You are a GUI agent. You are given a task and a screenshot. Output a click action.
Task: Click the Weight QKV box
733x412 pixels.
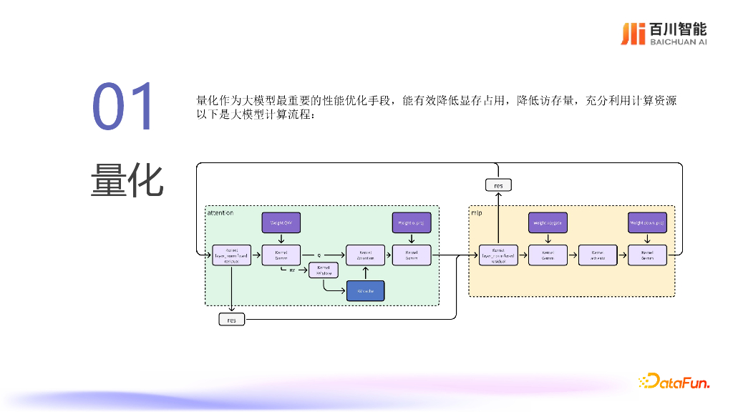[281, 223]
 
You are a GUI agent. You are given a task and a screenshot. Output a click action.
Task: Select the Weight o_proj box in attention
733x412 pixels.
[412, 223]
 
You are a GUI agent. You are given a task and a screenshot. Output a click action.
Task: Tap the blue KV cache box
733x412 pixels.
[365, 290]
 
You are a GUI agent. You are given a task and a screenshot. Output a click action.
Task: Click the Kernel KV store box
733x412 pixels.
[323, 270]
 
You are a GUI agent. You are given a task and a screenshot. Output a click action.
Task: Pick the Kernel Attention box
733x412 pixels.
[365, 255]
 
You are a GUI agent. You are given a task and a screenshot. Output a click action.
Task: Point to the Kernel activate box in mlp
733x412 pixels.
[598, 255]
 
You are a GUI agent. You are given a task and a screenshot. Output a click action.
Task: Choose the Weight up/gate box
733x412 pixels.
[548, 223]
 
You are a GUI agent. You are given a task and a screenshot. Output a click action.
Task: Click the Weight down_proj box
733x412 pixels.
[647, 223]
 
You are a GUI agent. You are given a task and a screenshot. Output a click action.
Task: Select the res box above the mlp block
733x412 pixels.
[498, 185]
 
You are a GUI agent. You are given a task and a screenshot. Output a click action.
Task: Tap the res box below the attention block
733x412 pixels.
[232, 320]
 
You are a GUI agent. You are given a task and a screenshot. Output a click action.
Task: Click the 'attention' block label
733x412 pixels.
[220, 213]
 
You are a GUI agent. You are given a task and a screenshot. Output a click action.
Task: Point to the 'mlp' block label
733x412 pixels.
[476, 213]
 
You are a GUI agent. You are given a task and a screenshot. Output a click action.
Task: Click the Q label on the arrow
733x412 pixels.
[319, 254]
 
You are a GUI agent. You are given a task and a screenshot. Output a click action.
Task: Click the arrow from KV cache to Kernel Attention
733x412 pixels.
[365, 273]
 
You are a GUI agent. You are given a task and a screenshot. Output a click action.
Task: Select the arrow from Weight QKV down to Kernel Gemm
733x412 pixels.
[281, 239]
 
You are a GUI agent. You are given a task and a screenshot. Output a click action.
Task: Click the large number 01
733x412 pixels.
[122, 107]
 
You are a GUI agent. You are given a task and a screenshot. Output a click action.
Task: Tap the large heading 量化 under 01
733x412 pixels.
[127, 180]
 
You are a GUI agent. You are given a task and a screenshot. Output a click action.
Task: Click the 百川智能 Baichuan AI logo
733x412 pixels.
[664, 34]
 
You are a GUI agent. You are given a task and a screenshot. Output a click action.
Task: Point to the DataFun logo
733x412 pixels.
[674, 382]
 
